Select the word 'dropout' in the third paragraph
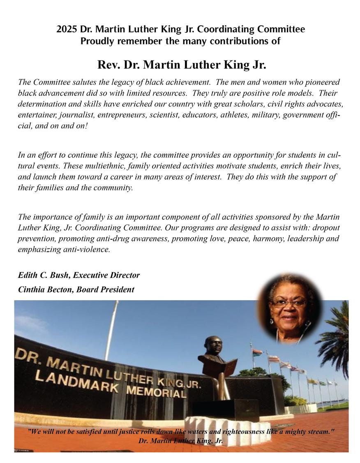[x=326, y=227]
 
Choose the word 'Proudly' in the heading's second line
[x=96, y=41]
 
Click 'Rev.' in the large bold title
[x=108, y=65]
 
